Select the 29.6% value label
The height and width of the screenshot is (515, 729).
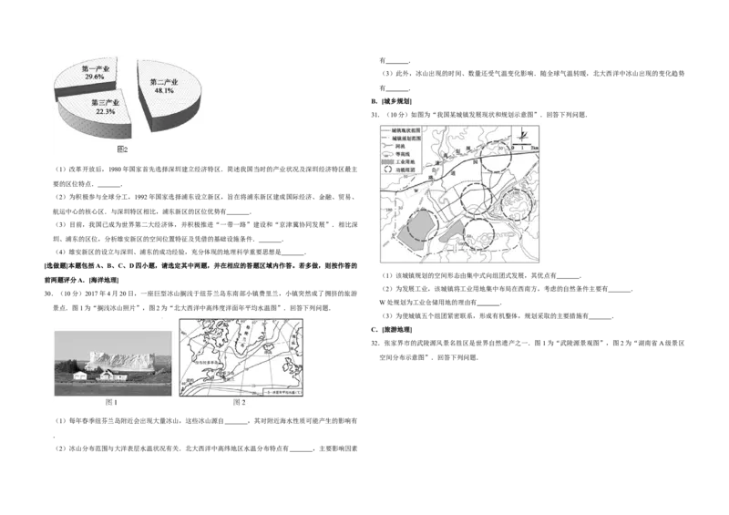(94, 78)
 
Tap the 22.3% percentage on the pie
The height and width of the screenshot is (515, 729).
(105, 112)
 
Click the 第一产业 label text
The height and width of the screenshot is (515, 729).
(96, 68)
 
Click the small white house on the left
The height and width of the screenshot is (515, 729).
(79, 375)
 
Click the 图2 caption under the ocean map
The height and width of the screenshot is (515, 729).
(240, 402)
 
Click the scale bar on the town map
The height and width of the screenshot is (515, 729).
(526, 147)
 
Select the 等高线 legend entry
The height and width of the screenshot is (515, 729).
(400, 152)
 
